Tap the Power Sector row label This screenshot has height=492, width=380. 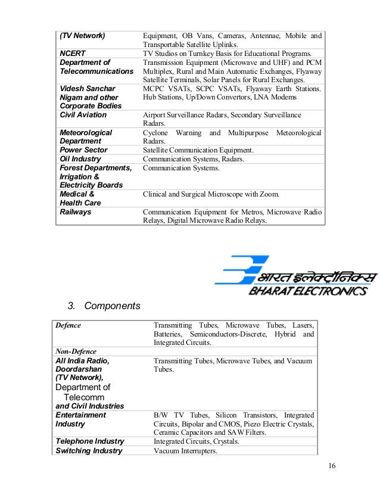[x=83, y=150]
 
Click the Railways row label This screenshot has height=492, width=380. [x=76, y=211]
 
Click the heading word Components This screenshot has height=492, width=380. [x=112, y=306]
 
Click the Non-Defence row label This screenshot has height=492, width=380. [x=76, y=351]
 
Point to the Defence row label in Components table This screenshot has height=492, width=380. [x=68, y=325]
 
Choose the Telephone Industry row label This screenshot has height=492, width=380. [x=89, y=441]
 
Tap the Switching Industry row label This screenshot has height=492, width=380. [x=89, y=451]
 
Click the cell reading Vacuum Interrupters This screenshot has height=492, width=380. [x=185, y=451]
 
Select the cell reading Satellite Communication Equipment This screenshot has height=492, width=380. [x=198, y=150]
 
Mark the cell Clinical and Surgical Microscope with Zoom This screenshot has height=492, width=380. [x=211, y=194]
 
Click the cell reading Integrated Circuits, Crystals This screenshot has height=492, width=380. [x=197, y=441]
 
